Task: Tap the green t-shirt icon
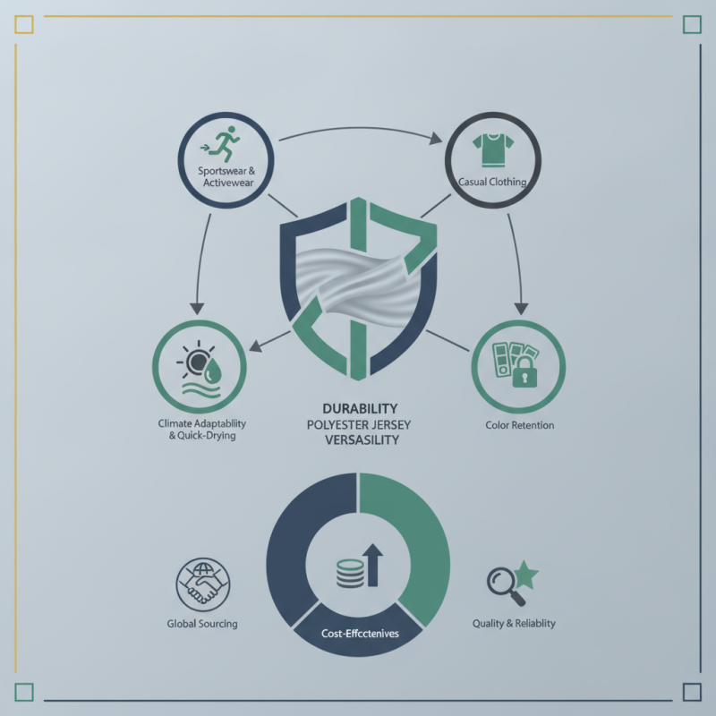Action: (493, 149)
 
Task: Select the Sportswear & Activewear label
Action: (227, 176)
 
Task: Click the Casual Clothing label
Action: (492, 182)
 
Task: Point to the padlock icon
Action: (524, 372)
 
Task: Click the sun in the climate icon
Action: (197, 362)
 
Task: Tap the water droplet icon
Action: (212, 370)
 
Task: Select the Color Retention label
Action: (520, 425)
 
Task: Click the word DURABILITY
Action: (360, 408)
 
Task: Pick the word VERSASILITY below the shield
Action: (362, 440)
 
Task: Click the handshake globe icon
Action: (203, 584)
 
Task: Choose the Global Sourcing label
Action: (202, 624)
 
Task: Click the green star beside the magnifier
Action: (526, 575)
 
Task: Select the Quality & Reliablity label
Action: (514, 623)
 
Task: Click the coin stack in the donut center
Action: (350, 573)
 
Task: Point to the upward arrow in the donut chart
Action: (372, 565)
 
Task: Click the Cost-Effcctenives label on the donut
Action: (360, 634)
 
